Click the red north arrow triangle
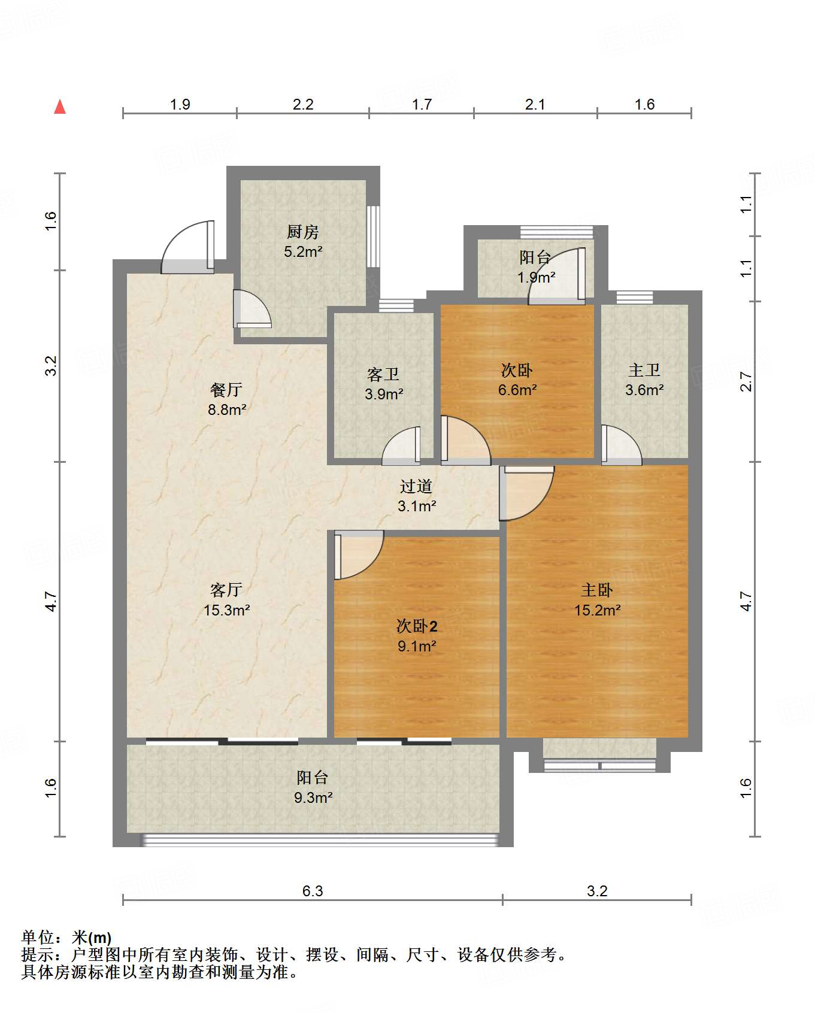click(x=60, y=107)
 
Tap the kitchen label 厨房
click(x=302, y=232)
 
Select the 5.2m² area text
click(x=303, y=252)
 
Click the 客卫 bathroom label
click(x=383, y=375)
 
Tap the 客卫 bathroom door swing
click(x=402, y=446)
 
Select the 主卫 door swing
click(x=620, y=445)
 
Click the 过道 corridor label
click(x=416, y=486)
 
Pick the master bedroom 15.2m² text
click(x=597, y=611)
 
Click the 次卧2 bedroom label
click(x=417, y=627)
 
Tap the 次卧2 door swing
click(x=357, y=554)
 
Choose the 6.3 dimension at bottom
click(x=312, y=891)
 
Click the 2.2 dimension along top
click(x=303, y=105)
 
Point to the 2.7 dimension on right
click(x=746, y=381)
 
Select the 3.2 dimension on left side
click(x=51, y=366)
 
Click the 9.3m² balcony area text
click(x=313, y=798)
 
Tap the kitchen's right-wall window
click(x=373, y=236)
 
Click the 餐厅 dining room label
click(x=226, y=390)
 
